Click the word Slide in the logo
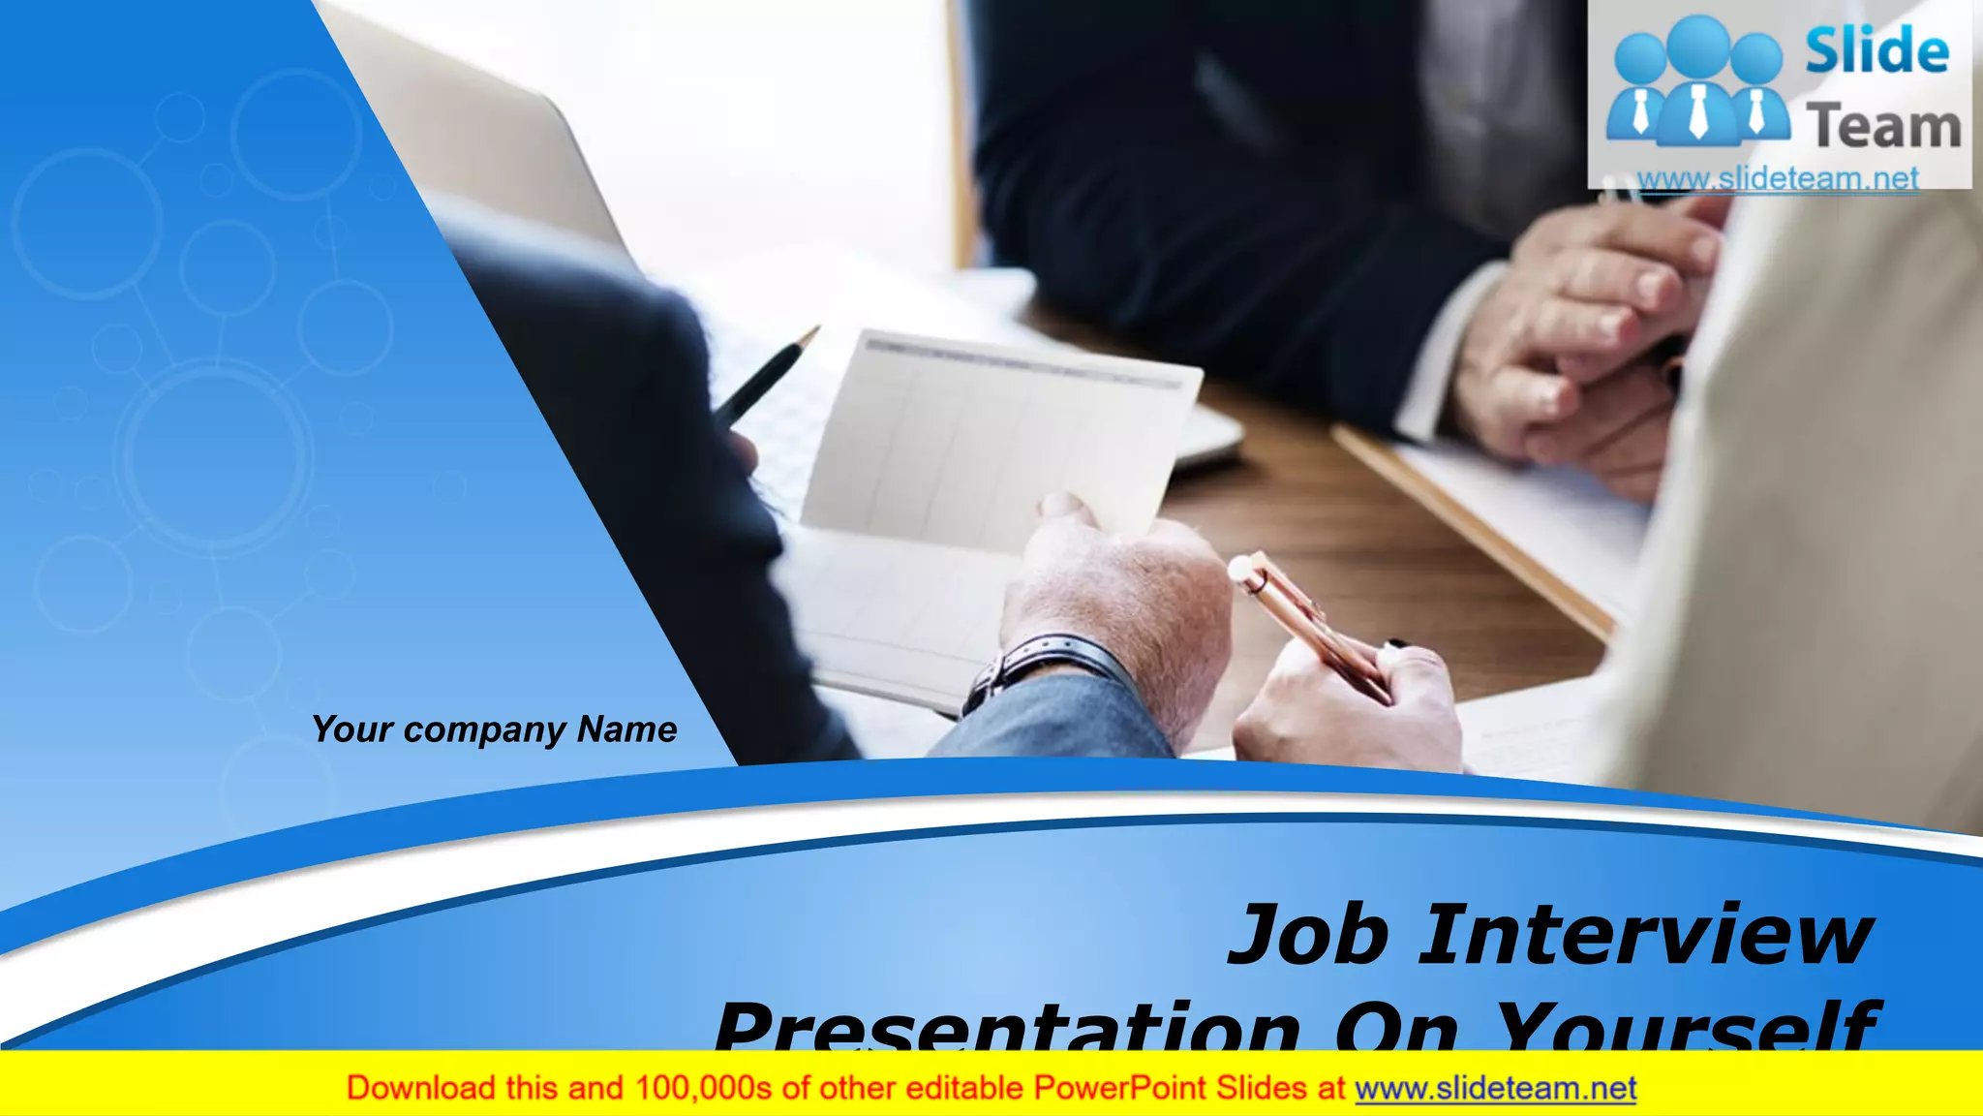click(1876, 51)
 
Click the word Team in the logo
click(1883, 127)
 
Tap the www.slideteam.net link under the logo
click(1778, 178)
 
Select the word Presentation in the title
click(1007, 1028)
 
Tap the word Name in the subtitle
click(626, 728)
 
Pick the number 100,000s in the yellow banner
click(703, 1088)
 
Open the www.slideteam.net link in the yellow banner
click(1495, 1088)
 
